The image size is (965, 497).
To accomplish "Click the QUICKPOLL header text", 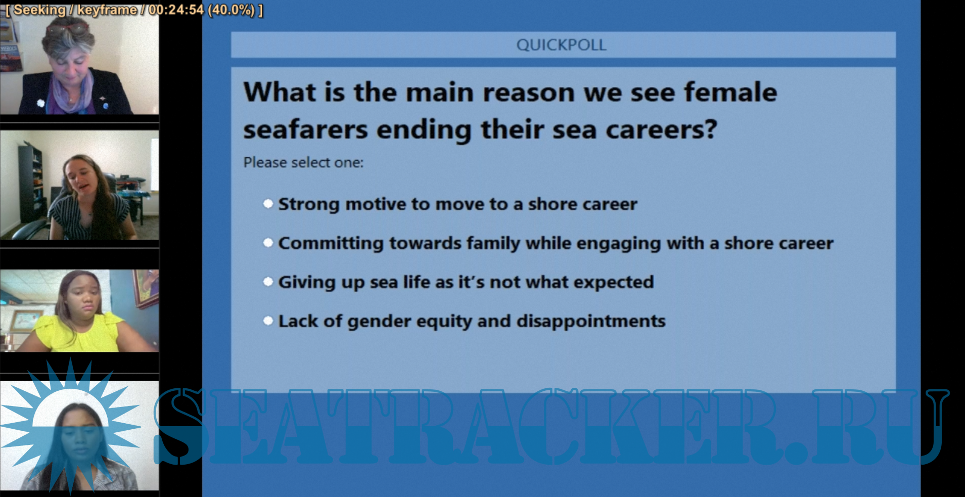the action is [x=561, y=45].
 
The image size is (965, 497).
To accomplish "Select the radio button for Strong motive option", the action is [x=268, y=204].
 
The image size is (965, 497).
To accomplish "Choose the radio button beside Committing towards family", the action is [x=268, y=243].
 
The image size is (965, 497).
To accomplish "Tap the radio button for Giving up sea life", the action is [x=268, y=282].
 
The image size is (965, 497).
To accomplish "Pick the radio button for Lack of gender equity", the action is [x=268, y=321].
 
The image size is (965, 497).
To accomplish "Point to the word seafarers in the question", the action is [x=305, y=129].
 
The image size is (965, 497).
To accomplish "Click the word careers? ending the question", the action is [x=661, y=129].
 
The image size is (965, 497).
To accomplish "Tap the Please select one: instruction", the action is [x=303, y=162].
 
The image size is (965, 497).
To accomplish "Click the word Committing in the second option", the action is [x=331, y=243].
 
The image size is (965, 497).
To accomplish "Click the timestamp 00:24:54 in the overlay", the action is [x=176, y=10].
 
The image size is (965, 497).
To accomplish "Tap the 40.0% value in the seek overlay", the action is [x=231, y=10].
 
